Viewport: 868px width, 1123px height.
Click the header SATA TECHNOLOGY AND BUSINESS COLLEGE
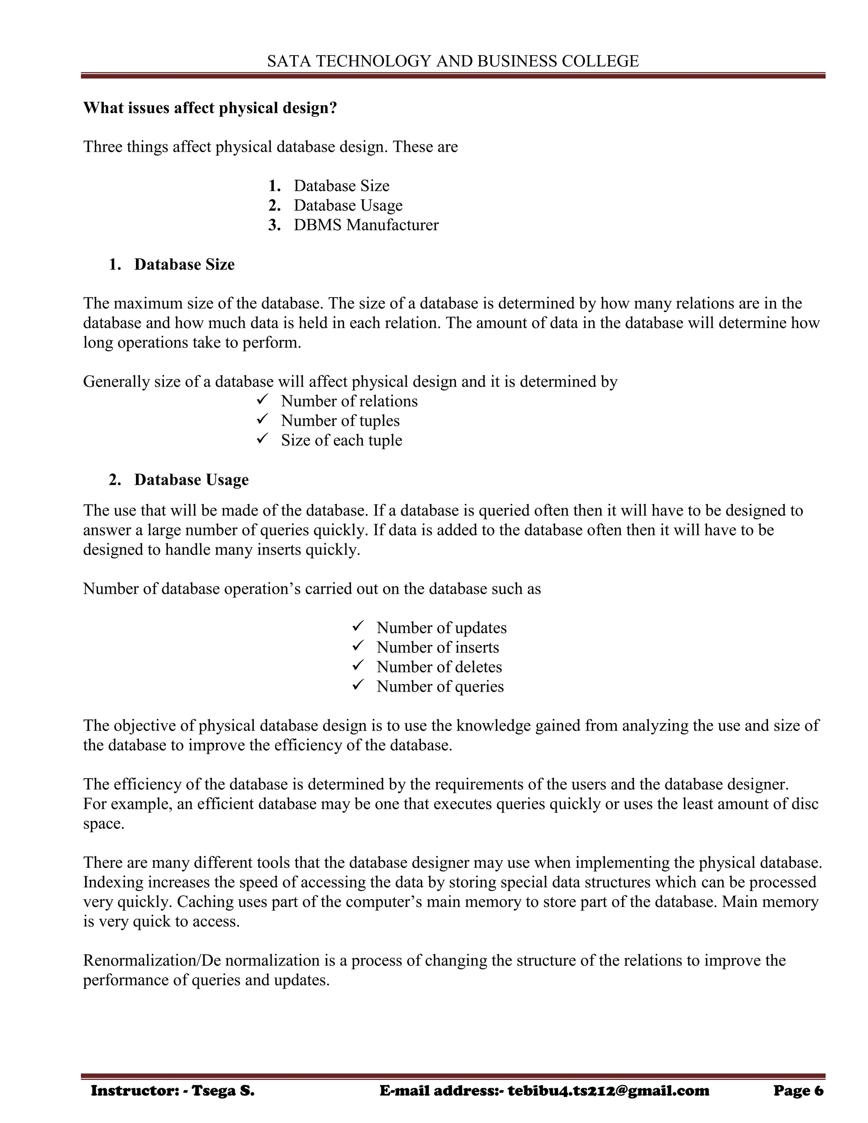point(453,61)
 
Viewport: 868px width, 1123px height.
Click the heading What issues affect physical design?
point(210,108)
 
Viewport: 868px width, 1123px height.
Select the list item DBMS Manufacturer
point(366,225)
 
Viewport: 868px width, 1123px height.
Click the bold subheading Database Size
point(184,264)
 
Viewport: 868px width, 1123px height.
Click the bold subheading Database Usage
point(191,480)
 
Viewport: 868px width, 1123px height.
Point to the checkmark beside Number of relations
point(262,400)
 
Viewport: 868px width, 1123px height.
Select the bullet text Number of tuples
point(340,421)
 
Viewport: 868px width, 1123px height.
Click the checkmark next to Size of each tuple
point(262,439)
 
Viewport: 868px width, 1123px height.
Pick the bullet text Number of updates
point(441,628)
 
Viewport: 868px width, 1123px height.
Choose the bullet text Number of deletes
point(439,667)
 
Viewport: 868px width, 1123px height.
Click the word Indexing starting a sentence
point(113,882)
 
